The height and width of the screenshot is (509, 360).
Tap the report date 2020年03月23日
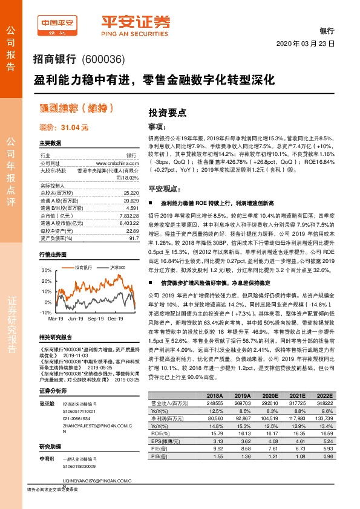point(304,45)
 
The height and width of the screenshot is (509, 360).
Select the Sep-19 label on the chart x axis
point(96,318)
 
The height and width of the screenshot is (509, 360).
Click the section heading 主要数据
point(51,143)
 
